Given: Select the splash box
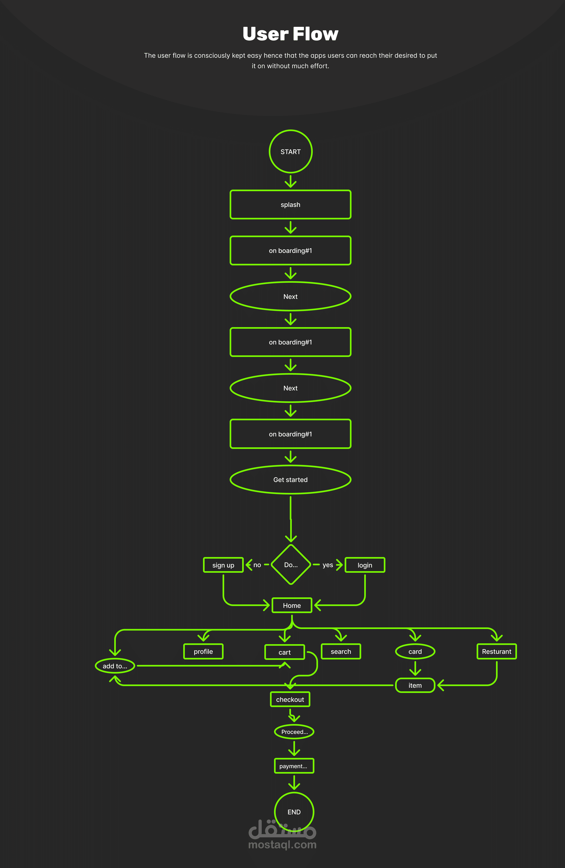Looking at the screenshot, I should (291, 205).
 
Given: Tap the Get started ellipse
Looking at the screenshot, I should (291, 480).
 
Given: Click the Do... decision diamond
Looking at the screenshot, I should (291, 564).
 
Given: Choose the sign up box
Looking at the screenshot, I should (223, 565).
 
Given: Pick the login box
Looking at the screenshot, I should (365, 565).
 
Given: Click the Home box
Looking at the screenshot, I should (292, 605).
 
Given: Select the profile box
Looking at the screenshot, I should (203, 651).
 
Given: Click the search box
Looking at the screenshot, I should (341, 651).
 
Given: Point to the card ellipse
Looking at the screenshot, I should (415, 651).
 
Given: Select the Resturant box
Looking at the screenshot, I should (496, 651).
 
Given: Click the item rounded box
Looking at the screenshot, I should (415, 685).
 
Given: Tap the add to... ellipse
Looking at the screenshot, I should (115, 666).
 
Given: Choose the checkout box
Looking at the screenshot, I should (290, 699).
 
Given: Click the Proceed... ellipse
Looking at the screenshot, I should (294, 732).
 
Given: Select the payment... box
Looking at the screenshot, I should (294, 766).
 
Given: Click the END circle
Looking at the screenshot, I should (294, 812).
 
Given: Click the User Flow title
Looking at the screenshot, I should (291, 34).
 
